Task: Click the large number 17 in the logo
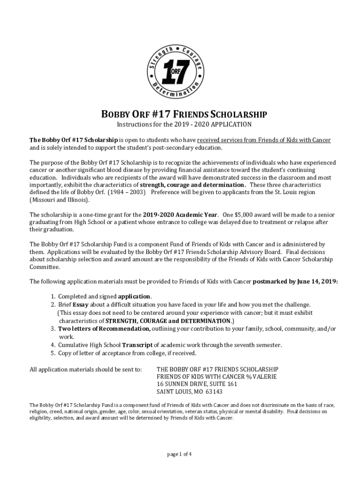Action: [x=178, y=73]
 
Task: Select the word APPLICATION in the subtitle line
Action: [x=231, y=124]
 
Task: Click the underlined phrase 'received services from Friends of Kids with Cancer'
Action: [x=264, y=140]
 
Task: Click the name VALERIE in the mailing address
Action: [x=266, y=376]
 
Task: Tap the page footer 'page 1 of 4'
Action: [x=180, y=454]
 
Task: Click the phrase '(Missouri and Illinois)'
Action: [x=58, y=200]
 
